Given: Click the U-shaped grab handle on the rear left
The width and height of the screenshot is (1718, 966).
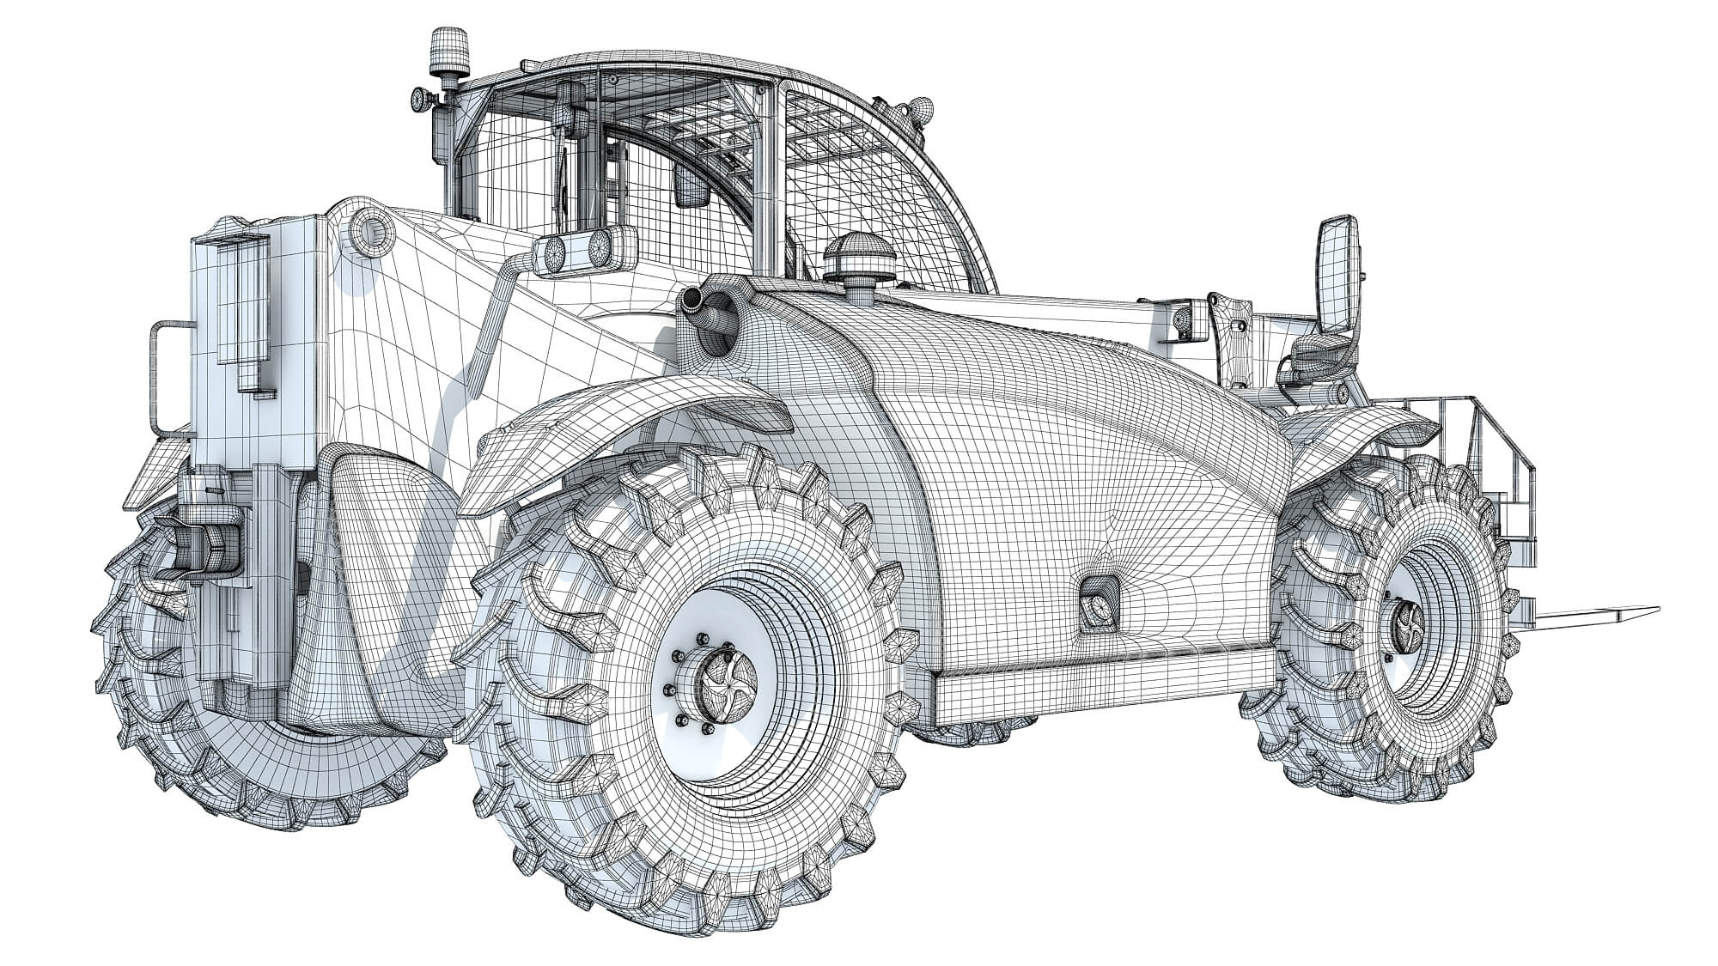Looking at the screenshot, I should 162,378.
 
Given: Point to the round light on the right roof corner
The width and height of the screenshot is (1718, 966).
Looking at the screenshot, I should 923,109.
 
